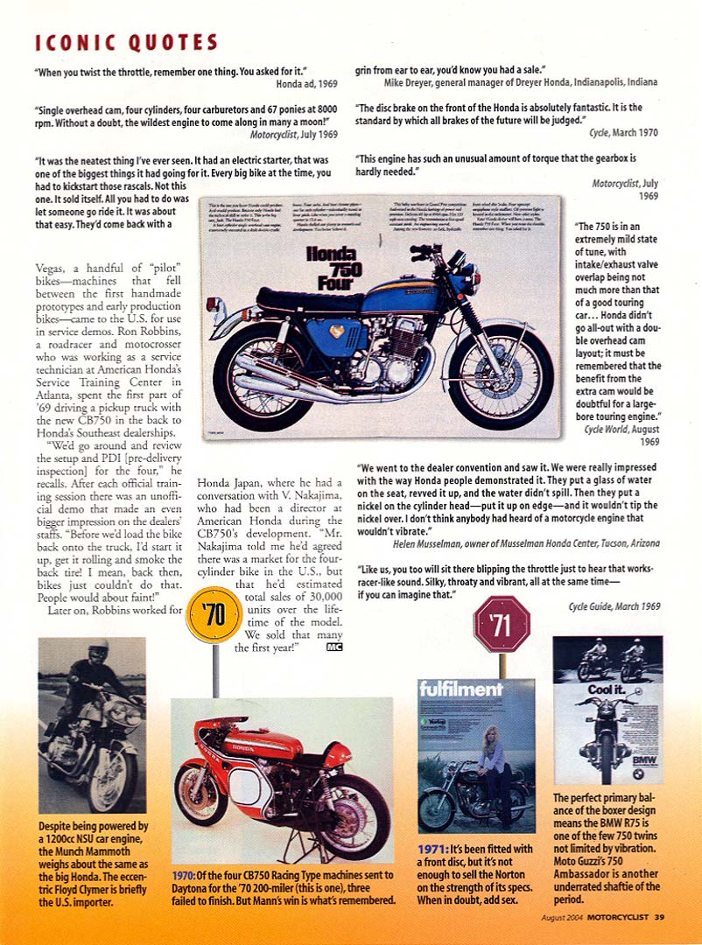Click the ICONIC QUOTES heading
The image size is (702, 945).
click(x=126, y=42)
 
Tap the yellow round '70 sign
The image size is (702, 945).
click(x=214, y=613)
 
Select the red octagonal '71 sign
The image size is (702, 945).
click(x=502, y=623)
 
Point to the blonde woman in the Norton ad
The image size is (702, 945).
click(x=494, y=770)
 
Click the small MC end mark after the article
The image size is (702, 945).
click(x=333, y=647)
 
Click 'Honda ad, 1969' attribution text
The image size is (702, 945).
click(x=306, y=82)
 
